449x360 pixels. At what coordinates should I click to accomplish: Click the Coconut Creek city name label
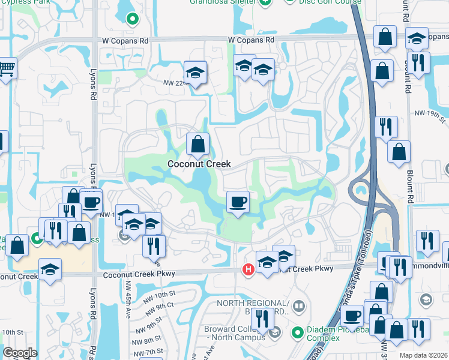click(199, 164)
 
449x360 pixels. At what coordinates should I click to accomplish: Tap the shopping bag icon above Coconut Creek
click(197, 144)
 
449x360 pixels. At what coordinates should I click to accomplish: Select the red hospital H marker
click(247, 271)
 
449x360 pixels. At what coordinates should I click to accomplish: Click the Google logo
click(20, 353)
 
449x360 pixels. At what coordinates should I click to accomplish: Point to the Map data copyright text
click(423, 355)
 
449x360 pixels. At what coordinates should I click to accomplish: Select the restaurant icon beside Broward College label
click(262, 319)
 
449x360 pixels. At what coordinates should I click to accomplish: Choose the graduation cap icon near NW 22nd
click(195, 73)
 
